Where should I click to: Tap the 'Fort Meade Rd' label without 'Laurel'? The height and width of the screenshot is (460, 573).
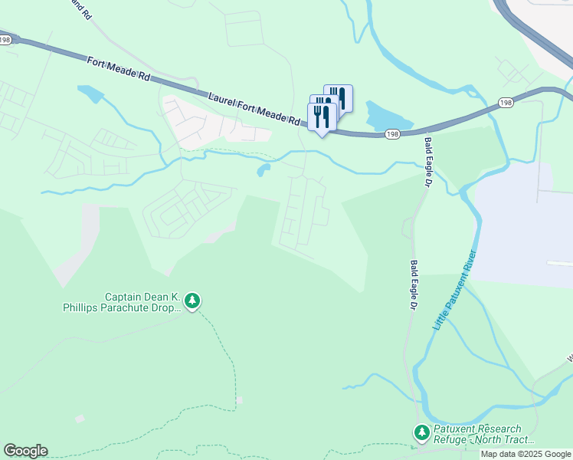click(117, 67)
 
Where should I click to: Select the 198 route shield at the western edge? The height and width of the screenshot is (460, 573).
click(5, 40)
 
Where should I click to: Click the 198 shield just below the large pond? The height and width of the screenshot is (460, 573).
click(392, 134)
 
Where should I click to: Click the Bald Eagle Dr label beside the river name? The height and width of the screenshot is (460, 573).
click(413, 284)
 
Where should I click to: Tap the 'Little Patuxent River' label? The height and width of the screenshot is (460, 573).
click(455, 291)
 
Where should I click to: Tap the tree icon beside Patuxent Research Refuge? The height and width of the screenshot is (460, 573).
click(421, 433)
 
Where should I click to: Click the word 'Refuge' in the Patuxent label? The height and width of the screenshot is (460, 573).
click(453, 440)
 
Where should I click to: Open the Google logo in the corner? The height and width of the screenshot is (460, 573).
click(25, 451)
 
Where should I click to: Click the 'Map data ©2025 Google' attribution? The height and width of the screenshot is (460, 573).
click(526, 454)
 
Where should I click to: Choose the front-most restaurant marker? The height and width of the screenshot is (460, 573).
click(322, 117)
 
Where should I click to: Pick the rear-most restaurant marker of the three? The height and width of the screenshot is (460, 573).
click(338, 98)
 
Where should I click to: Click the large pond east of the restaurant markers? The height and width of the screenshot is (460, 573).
click(387, 116)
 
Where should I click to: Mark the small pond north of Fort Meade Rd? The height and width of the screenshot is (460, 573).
click(91, 94)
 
